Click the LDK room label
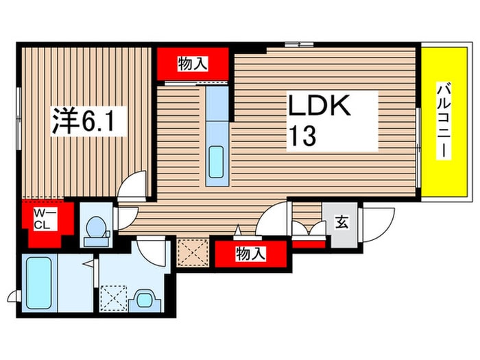[x=319, y=106]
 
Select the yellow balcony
[x=444, y=122]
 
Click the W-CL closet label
[x=42, y=219]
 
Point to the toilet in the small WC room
[x=96, y=231]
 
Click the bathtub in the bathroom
[x=38, y=283]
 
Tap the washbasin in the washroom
[x=145, y=300]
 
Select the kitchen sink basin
[x=216, y=162]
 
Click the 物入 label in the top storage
[x=193, y=64]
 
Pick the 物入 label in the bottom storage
[x=250, y=254]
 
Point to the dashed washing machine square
[x=113, y=298]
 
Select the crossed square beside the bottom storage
[x=193, y=253]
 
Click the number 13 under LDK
[x=302, y=136]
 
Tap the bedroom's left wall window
[x=19, y=119]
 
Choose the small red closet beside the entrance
[x=309, y=244]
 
